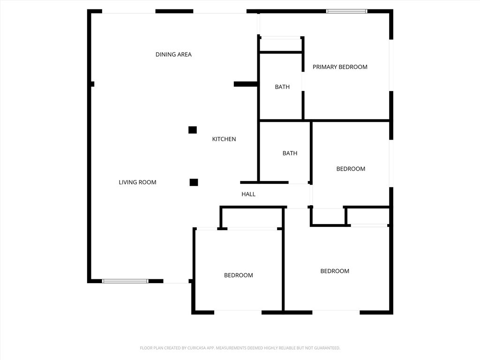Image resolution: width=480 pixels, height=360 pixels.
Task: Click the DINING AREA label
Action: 173,54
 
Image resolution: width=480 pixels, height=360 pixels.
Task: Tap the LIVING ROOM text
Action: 137,182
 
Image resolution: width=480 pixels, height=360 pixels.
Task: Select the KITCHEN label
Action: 224,139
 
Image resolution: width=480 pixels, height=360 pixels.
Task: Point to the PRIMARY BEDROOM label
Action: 340,67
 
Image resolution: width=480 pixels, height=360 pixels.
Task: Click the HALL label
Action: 248,194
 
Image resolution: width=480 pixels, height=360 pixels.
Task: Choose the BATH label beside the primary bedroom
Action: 282,87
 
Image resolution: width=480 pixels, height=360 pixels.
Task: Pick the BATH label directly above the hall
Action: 290,153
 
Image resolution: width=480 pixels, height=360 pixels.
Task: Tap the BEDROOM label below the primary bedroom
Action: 351,169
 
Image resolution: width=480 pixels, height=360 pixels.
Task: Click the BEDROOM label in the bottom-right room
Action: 335,271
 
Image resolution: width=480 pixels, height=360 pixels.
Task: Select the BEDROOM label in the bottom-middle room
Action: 238,275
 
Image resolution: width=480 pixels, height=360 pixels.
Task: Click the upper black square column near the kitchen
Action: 192,130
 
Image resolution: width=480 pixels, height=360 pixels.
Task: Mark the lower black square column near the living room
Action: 194,182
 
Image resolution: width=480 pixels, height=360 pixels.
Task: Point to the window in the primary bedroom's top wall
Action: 346,11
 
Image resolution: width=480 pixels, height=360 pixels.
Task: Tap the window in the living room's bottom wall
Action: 125,281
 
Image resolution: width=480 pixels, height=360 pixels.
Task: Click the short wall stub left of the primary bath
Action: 245,84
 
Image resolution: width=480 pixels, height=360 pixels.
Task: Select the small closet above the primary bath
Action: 281,45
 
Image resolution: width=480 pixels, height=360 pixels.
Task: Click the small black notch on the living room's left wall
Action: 92,84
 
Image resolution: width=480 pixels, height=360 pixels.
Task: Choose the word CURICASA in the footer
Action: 192,348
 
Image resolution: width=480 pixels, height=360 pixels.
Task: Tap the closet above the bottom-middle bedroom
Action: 252,217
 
